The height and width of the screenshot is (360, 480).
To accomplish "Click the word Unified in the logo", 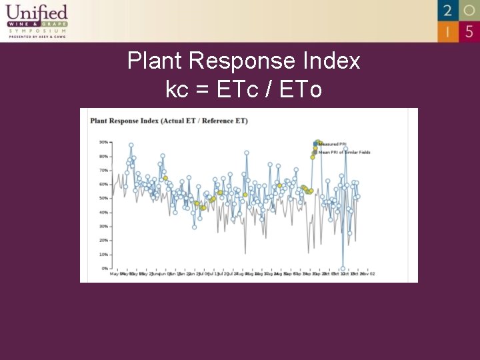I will (x=37, y=12).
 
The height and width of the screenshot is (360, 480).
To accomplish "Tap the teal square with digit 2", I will (x=448, y=11).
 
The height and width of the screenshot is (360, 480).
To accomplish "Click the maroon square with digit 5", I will (x=469, y=31).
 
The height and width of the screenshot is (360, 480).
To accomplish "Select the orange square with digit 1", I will (x=448, y=31).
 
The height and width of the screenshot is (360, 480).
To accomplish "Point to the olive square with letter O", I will (x=469, y=11).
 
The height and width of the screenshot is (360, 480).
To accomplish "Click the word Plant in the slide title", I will (x=155, y=61).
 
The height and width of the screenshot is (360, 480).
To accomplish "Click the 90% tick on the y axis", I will (x=104, y=142).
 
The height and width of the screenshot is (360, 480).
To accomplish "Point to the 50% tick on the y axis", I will (x=104, y=198).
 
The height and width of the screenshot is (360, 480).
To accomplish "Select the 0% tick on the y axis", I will (x=105, y=268).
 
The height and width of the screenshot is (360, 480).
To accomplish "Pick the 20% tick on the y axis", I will (x=104, y=240).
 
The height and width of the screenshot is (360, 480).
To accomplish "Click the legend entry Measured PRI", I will (x=333, y=144).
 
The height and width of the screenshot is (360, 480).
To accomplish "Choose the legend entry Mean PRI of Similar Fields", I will (x=343, y=152).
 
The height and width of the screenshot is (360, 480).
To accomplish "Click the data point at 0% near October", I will (x=343, y=268).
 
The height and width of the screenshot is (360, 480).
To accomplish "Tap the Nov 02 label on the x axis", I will (x=369, y=274).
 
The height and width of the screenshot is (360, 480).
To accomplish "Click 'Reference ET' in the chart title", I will (x=222, y=121).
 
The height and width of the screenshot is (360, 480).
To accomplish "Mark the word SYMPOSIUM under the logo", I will (x=37, y=31).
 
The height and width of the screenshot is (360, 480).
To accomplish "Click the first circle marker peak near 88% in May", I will (x=131, y=145).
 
